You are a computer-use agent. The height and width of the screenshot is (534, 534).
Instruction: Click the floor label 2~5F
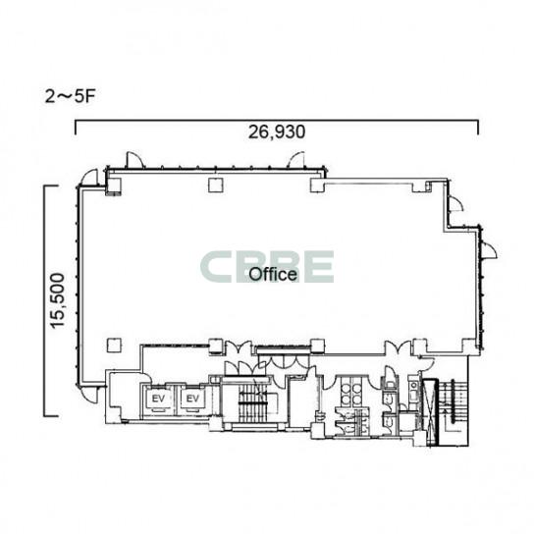coord(70,97)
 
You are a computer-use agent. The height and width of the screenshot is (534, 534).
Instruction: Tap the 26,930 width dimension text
coord(277,133)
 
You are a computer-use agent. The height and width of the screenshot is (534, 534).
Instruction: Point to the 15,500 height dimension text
coord(58,301)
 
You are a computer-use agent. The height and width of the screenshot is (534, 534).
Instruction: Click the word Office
coord(273,275)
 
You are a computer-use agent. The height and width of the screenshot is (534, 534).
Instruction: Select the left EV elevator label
coord(158,399)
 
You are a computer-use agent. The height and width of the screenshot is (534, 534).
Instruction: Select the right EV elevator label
coord(192,399)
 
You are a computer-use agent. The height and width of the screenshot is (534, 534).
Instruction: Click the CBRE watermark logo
coord(267,267)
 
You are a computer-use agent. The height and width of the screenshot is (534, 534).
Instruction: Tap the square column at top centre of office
coord(216,186)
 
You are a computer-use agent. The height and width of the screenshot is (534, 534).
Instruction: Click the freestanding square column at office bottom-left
coord(114,345)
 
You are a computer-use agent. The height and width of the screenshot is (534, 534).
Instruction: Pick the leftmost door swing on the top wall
coord(134,160)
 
